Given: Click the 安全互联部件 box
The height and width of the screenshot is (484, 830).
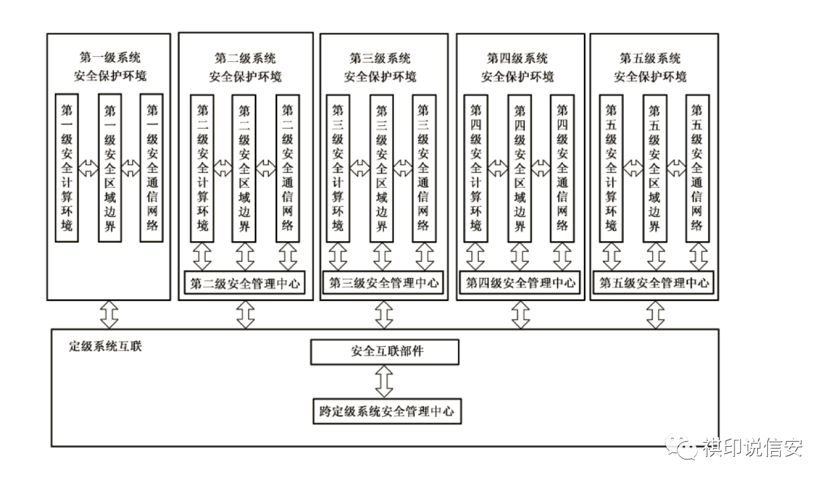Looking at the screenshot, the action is [385, 352].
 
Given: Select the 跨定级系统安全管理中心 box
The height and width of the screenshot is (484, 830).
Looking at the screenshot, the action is [387, 411].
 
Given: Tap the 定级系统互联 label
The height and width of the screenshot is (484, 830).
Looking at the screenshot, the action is [106, 346].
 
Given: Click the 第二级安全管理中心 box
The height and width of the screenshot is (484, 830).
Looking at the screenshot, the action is [245, 283].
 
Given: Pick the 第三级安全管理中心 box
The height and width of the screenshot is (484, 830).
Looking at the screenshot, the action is [383, 283].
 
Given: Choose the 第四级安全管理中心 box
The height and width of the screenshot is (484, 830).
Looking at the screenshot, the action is [520, 283].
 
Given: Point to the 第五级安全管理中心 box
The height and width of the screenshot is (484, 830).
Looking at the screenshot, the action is [653, 283].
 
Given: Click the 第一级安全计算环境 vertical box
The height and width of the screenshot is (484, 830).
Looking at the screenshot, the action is [66, 168].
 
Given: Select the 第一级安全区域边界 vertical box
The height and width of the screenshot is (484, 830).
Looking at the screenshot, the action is [109, 168].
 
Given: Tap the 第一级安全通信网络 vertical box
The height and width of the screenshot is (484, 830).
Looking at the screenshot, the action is [152, 168].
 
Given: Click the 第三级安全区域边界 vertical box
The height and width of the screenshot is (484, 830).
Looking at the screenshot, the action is [381, 169].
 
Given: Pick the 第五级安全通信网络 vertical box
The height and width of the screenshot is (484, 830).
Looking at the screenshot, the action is [697, 169].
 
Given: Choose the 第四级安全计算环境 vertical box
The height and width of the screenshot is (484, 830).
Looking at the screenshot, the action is [476, 169].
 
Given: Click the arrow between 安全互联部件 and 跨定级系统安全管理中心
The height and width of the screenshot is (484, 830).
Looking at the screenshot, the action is [384, 382].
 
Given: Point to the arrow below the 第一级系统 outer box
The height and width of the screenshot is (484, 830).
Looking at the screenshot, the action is [109, 314].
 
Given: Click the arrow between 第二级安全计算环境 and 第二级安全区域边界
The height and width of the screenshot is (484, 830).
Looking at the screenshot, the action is [223, 168].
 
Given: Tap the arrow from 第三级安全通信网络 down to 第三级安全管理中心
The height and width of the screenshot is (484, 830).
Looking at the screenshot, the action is [424, 257].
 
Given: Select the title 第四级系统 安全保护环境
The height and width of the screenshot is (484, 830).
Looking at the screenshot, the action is [517, 68].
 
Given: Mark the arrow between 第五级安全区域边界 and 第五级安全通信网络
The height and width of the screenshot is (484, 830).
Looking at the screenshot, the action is [676, 168].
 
